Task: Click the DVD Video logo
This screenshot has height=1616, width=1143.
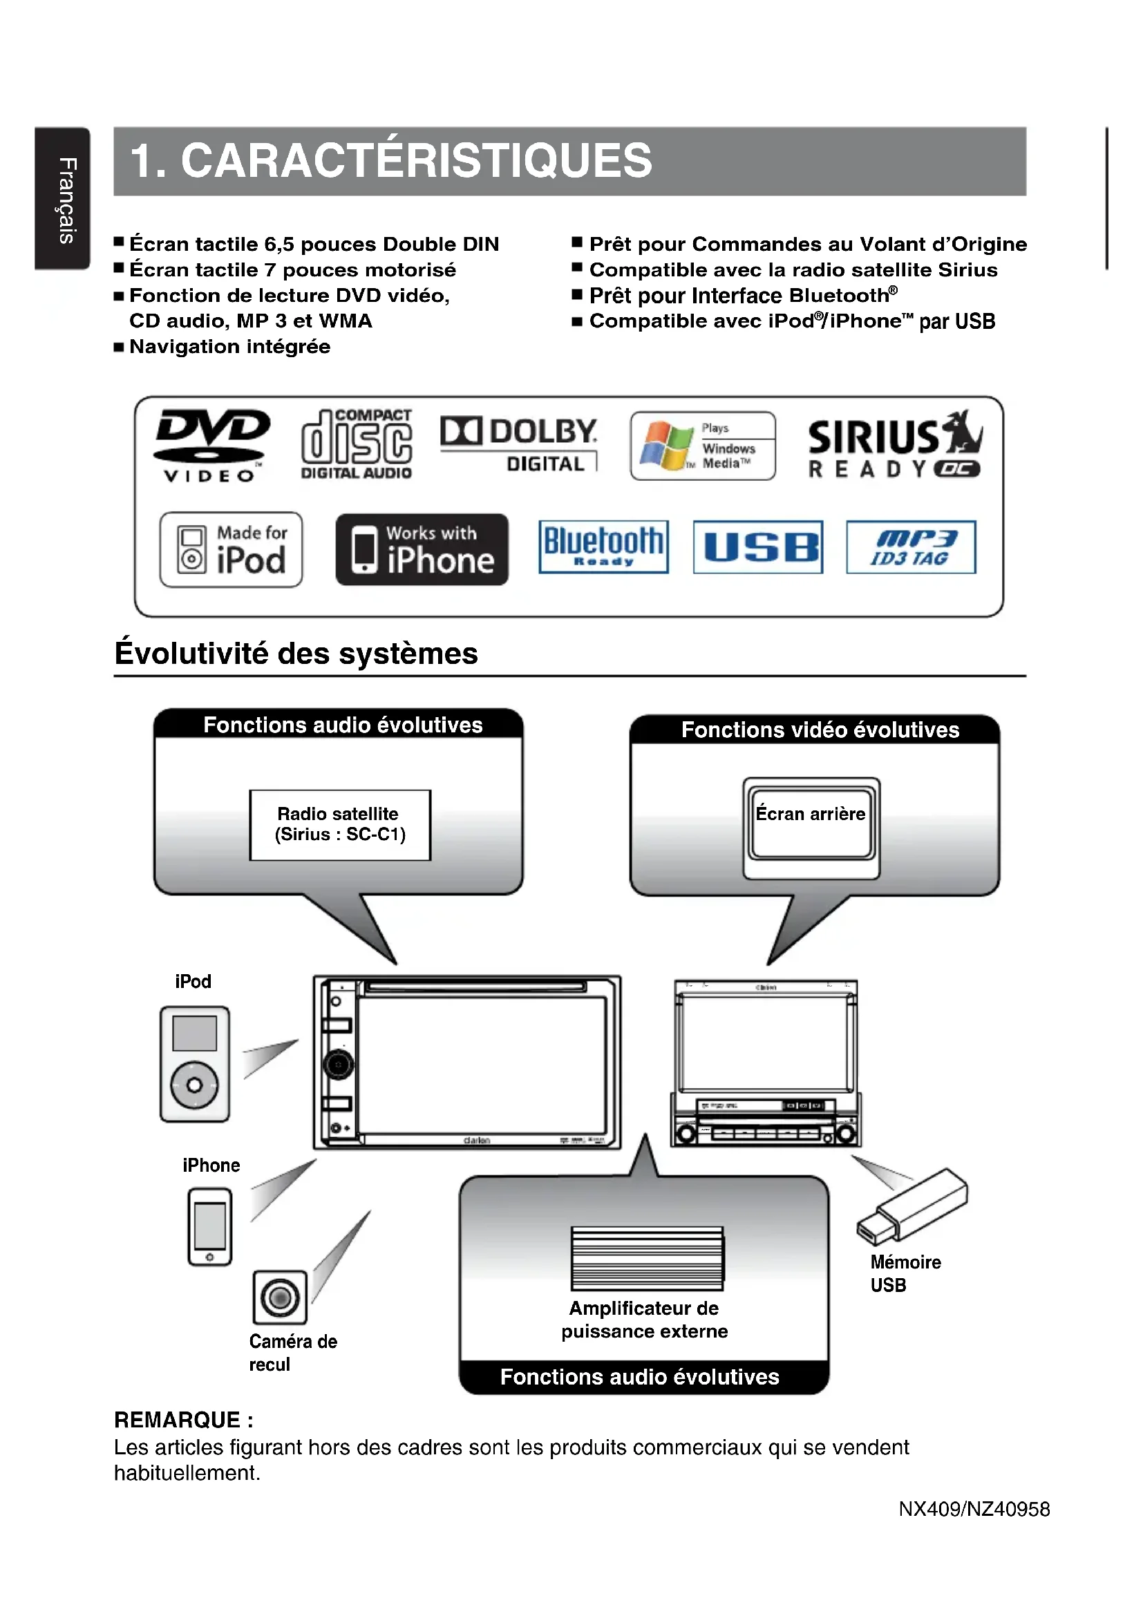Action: coord(212,445)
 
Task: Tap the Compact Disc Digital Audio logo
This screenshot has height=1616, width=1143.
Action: coord(357,445)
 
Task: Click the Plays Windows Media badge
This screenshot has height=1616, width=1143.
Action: coord(702,446)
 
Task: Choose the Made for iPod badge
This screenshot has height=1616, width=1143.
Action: coord(231,549)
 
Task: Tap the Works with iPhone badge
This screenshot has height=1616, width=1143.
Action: coord(422,549)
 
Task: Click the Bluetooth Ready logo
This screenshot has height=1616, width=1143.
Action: coord(603,547)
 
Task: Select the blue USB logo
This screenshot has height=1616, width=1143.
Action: coord(757,547)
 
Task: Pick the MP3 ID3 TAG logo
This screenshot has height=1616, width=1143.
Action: coord(911,547)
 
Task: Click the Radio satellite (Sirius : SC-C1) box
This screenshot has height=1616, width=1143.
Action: coord(340,824)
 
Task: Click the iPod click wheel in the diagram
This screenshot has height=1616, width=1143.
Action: coord(194,1085)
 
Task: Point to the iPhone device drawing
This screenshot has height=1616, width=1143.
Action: coord(210,1226)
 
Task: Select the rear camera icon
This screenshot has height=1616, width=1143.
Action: coord(280,1296)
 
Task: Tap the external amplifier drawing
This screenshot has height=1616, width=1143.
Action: coord(647,1257)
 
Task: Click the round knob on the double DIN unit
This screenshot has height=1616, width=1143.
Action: coord(339,1065)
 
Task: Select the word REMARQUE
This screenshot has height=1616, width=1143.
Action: coord(177,1420)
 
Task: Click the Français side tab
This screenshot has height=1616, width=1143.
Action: coord(63,198)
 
